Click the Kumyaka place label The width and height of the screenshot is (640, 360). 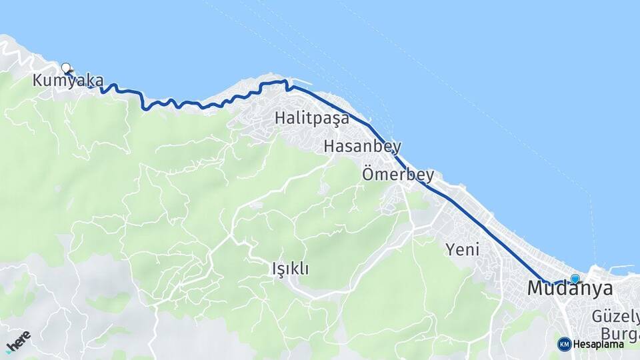pyautogui.click(x=68, y=81)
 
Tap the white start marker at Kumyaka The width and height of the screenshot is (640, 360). pyautogui.click(x=66, y=67)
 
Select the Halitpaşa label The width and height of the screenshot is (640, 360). pyautogui.click(x=311, y=119)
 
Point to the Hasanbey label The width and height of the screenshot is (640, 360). pyautogui.click(x=362, y=147)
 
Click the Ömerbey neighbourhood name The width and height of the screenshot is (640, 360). pyautogui.click(x=398, y=175)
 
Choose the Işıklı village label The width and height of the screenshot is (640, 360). pyautogui.click(x=290, y=269)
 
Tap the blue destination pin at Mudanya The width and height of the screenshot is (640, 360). pyautogui.click(x=575, y=279)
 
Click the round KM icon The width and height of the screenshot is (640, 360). pyautogui.click(x=564, y=344)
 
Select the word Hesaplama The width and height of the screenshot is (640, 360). pyautogui.click(x=599, y=345)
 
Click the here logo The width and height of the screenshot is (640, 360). pyautogui.click(x=18, y=341)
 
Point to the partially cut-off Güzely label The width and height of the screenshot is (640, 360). pyautogui.click(x=615, y=317)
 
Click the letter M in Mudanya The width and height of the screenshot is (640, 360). pyautogui.click(x=535, y=289)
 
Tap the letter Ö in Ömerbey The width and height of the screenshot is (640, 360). pyautogui.click(x=368, y=175)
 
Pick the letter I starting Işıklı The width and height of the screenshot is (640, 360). pyautogui.click(x=274, y=269)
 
